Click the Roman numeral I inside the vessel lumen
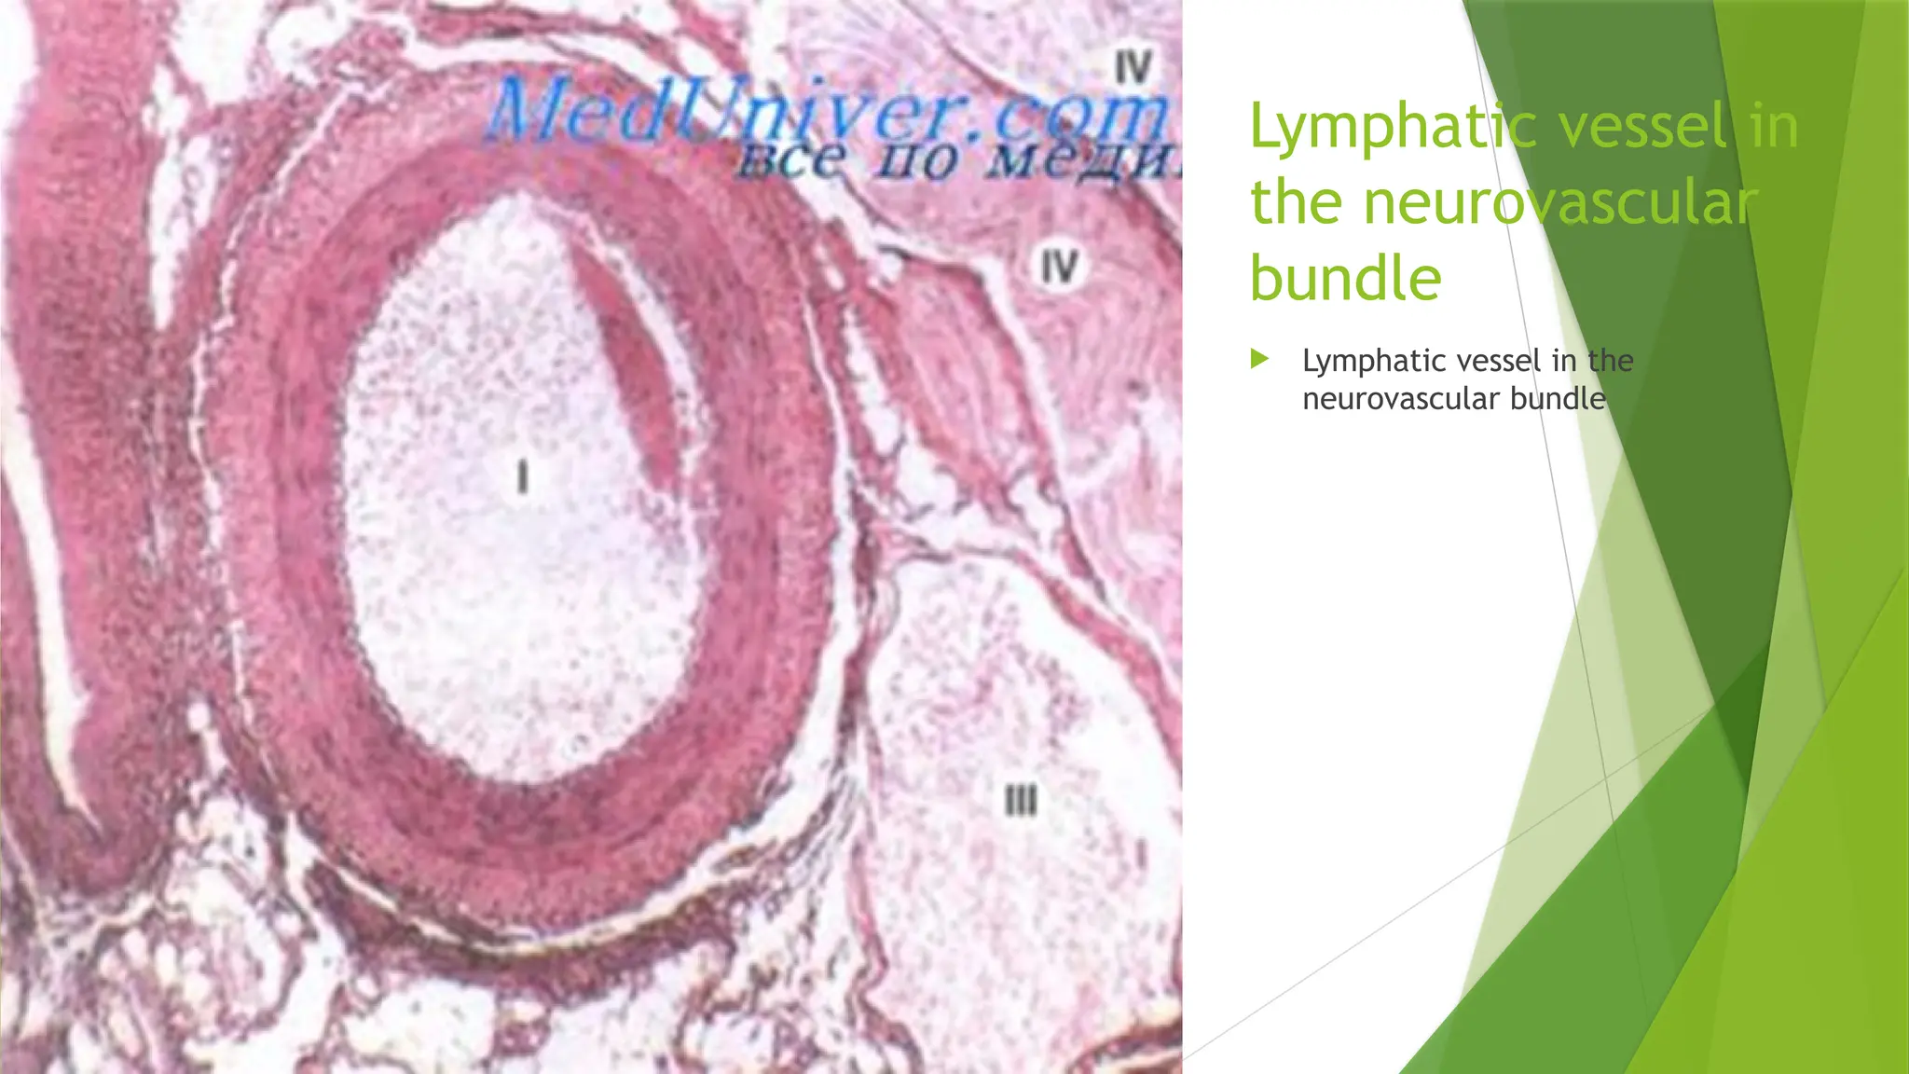pyautogui.click(x=523, y=477)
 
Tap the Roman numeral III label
pyautogui.click(x=1021, y=800)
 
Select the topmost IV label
pyautogui.click(x=1133, y=67)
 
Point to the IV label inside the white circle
pyautogui.click(x=1059, y=268)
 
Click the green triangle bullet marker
pyautogui.click(x=1259, y=359)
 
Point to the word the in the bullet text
pyautogui.click(x=1610, y=361)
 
